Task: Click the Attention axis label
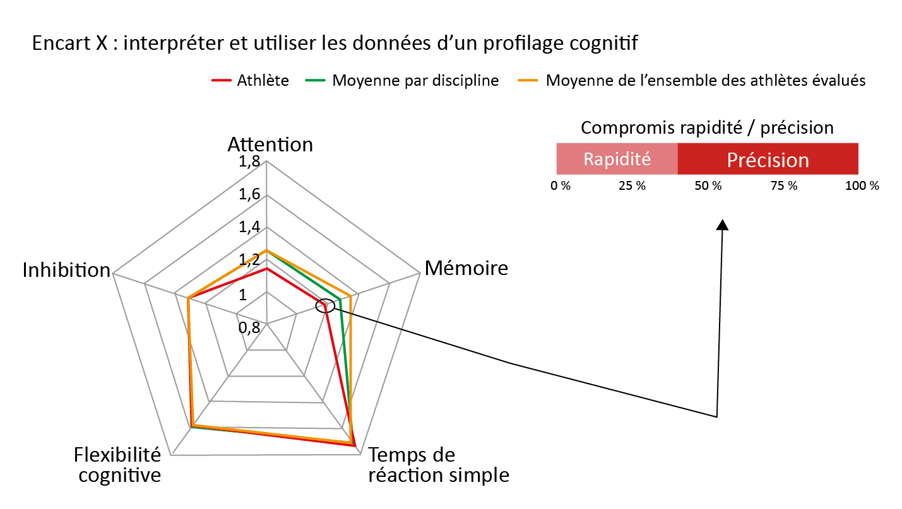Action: pyautogui.click(x=270, y=144)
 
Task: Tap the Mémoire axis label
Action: pyautogui.click(x=466, y=268)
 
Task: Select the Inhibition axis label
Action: pyautogui.click(x=66, y=270)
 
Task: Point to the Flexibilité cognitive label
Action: pyautogui.click(x=118, y=464)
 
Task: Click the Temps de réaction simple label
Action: pyautogui.click(x=438, y=464)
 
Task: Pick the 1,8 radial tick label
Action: pyautogui.click(x=249, y=162)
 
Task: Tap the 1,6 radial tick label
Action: pyautogui.click(x=249, y=195)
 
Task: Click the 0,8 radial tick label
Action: pyautogui.click(x=249, y=327)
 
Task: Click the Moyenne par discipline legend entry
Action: pyautogui.click(x=405, y=81)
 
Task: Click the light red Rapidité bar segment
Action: pyautogui.click(x=617, y=159)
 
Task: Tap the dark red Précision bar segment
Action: pyautogui.click(x=768, y=159)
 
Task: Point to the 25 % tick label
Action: pyautogui.click(x=632, y=187)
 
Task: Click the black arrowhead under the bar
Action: pyautogui.click(x=723, y=225)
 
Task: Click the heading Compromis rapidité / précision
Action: pyautogui.click(x=707, y=128)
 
